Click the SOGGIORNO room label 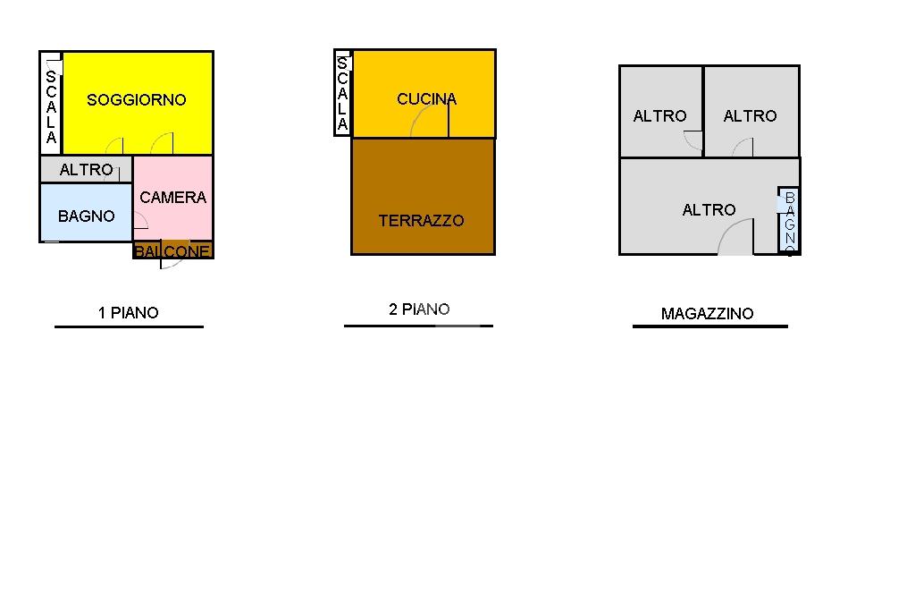pyautogui.click(x=136, y=100)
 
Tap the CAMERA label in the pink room pyautogui.click(x=172, y=198)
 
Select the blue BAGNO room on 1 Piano pyautogui.click(x=86, y=216)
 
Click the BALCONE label pyautogui.click(x=173, y=251)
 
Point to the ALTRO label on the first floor pyautogui.click(x=86, y=170)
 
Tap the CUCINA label pyautogui.click(x=426, y=99)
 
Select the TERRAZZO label pyautogui.click(x=421, y=221)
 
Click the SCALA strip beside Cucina pyautogui.click(x=342, y=93)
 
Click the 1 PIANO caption pyautogui.click(x=128, y=313)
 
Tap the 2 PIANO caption pyautogui.click(x=419, y=309)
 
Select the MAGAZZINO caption pyautogui.click(x=707, y=314)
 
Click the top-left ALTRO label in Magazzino pyautogui.click(x=659, y=116)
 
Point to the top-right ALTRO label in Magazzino pyautogui.click(x=750, y=116)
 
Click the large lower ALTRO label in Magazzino pyautogui.click(x=709, y=210)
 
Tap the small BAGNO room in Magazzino pyautogui.click(x=788, y=221)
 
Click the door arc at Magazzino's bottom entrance pyautogui.click(x=735, y=239)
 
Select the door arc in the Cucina pyautogui.click(x=430, y=122)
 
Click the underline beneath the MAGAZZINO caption pyautogui.click(x=709, y=326)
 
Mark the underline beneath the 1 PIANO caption pyautogui.click(x=129, y=326)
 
